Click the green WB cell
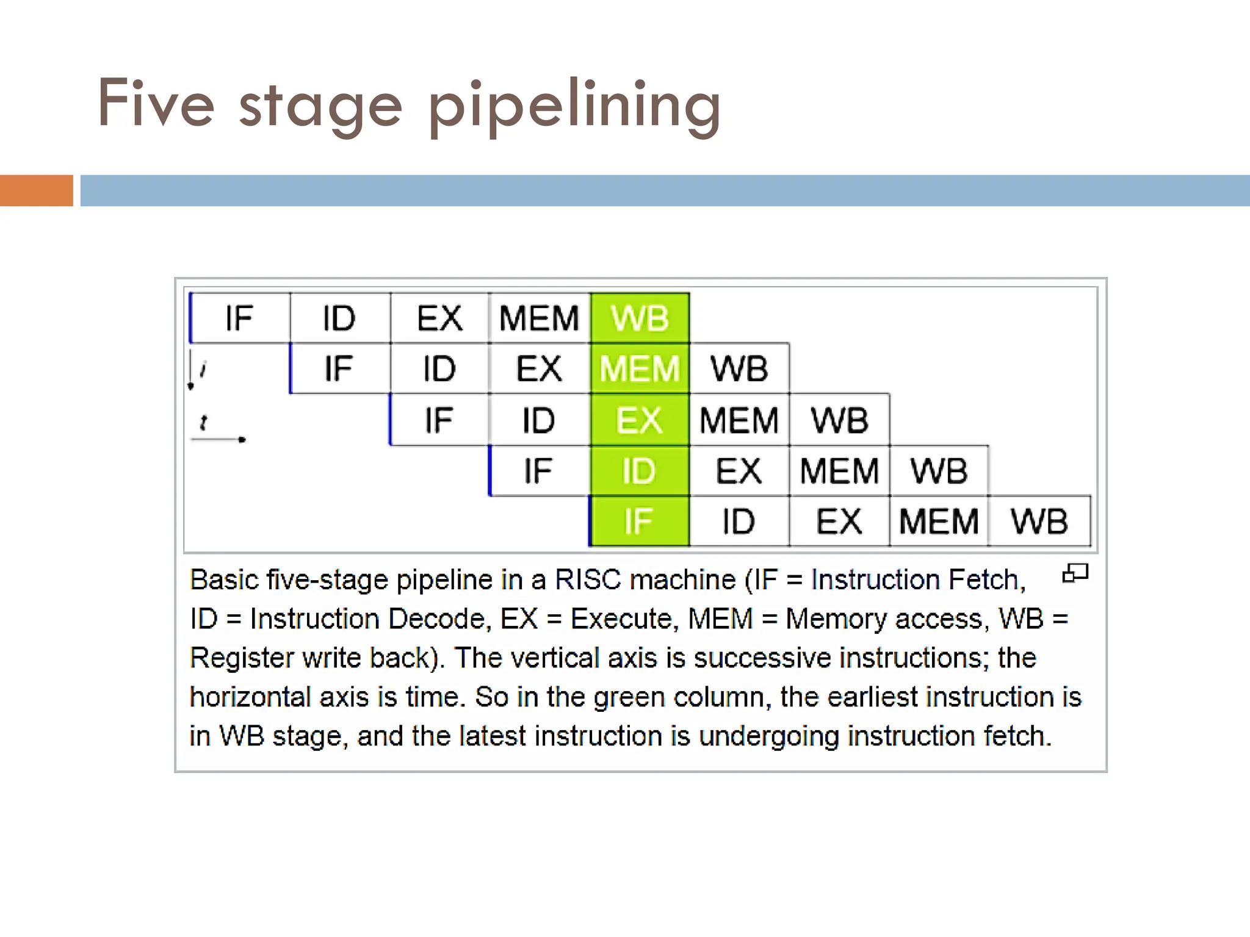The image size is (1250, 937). point(640,318)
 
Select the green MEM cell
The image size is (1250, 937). point(640,368)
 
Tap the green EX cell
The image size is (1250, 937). point(640,420)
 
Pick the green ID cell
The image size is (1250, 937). point(640,471)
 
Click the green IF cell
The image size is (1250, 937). point(640,522)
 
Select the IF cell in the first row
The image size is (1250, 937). point(239,318)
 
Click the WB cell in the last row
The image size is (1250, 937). point(1039,522)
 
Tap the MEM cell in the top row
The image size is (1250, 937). point(539,318)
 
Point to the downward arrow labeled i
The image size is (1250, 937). point(191,370)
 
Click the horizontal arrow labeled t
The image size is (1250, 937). point(218,439)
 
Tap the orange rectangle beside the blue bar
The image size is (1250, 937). point(36,190)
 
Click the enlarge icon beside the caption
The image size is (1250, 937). point(1075,573)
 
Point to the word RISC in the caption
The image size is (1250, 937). point(588,580)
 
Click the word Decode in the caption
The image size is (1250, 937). point(436,619)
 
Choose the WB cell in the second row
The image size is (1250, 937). point(739,368)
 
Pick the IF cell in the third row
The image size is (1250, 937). point(439,420)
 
